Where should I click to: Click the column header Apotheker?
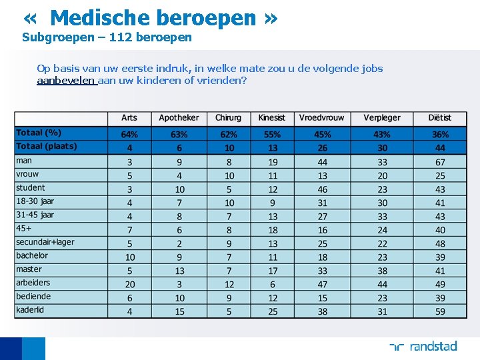point(179,118)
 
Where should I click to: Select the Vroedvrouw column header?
point(322,118)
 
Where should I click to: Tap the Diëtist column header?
point(440,118)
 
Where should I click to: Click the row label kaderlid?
point(31,310)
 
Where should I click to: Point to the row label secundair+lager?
point(45,242)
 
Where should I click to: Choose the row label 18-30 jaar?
point(35,201)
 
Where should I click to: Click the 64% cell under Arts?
point(129,134)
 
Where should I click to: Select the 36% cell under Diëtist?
point(440,134)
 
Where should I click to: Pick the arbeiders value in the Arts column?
point(129,284)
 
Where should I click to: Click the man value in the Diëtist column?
point(440,162)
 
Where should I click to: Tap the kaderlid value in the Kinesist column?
point(273,311)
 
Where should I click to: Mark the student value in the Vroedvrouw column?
point(322,189)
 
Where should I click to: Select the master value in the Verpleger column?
point(382,271)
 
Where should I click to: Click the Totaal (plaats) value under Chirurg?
point(229,148)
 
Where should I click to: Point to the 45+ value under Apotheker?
point(179,230)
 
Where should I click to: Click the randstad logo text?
point(433,346)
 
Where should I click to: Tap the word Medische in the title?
point(106,18)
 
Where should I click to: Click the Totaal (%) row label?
point(39,133)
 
